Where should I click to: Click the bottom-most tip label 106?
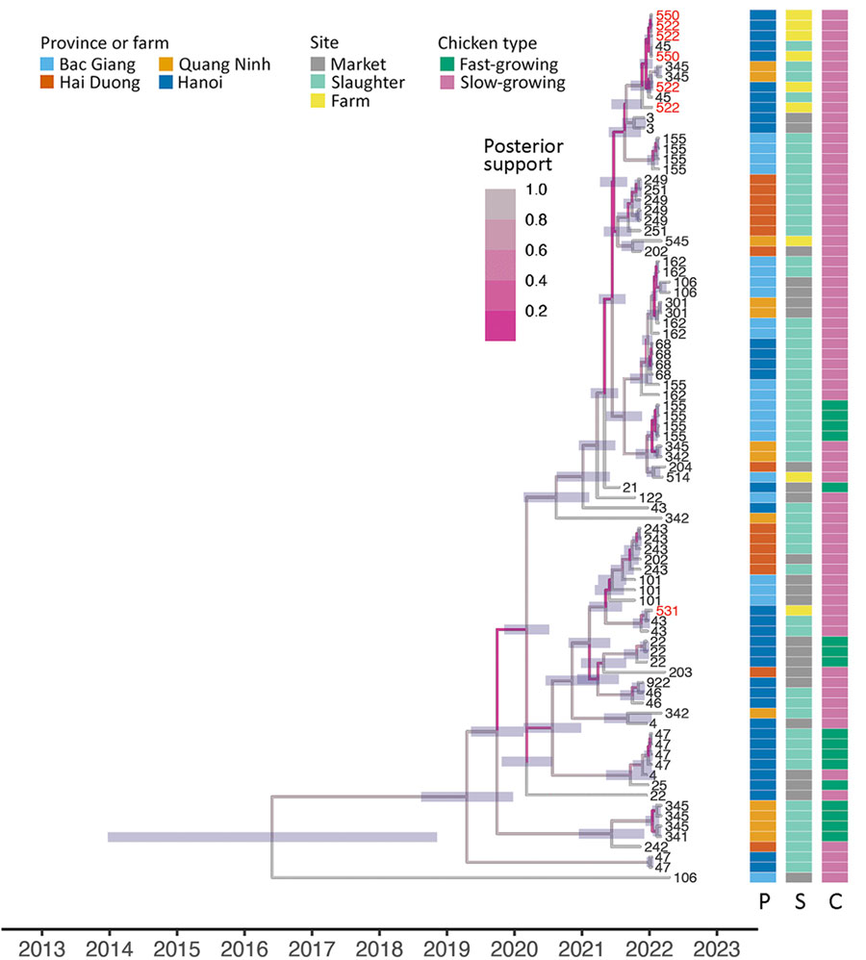pyautogui.click(x=684, y=877)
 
